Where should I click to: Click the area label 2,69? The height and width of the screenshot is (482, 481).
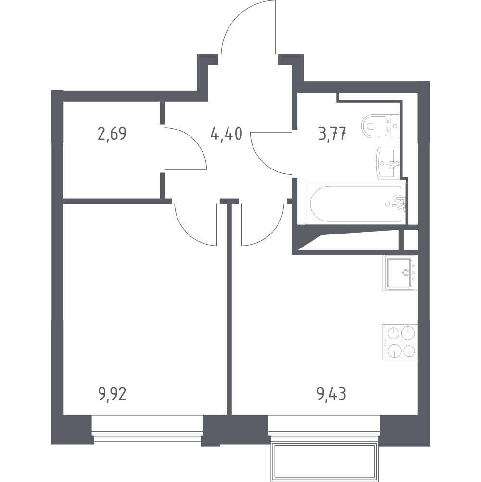pyautogui.click(x=112, y=134)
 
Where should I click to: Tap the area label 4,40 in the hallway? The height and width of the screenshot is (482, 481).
pyautogui.click(x=227, y=134)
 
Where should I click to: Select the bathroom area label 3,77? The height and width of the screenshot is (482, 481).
pyautogui.click(x=333, y=134)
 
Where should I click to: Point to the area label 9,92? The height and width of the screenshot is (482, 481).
pyautogui.click(x=112, y=394)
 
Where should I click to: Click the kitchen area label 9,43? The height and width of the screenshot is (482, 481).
pyautogui.click(x=331, y=394)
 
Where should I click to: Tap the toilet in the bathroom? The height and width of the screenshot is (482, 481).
pyautogui.click(x=380, y=126)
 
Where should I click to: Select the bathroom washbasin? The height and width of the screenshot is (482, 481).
pyautogui.click(x=388, y=162)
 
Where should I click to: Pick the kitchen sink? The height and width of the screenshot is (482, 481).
pyautogui.click(x=400, y=273)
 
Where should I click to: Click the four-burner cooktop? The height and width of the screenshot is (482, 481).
pyautogui.click(x=400, y=342)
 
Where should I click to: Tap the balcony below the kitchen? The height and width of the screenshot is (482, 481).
pyautogui.click(x=324, y=462)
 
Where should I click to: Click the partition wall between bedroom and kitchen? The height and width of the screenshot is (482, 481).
pyautogui.click(x=229, y=307)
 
